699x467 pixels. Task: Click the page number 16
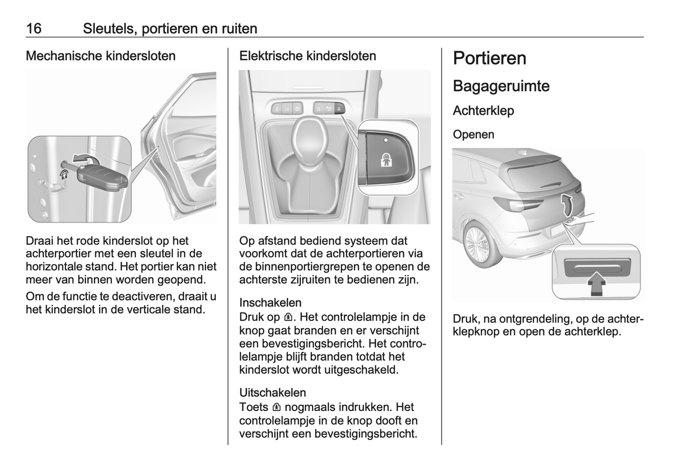pyautogui.click(x=34, y=29)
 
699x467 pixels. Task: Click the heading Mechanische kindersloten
pyautogui.click(x=101, y=56)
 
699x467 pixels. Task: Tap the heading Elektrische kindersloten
pyautogui.click(x=308, y=56)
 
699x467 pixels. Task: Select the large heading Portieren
pyautogui.click(x=490, y=58)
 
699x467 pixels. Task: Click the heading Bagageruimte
pyautogui.click(x=501, y=87)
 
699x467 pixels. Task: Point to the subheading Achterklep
pyautogui.click(x=483, y=111)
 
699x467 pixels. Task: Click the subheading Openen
pyautogui.click(x=474, y=134)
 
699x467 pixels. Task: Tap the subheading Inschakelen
pyautogui.click(x=270, y=303)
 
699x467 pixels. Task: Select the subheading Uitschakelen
pyautogui.click(x=273, y=393)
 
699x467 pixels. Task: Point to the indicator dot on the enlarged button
pyautogui.click(x=386, y=140)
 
